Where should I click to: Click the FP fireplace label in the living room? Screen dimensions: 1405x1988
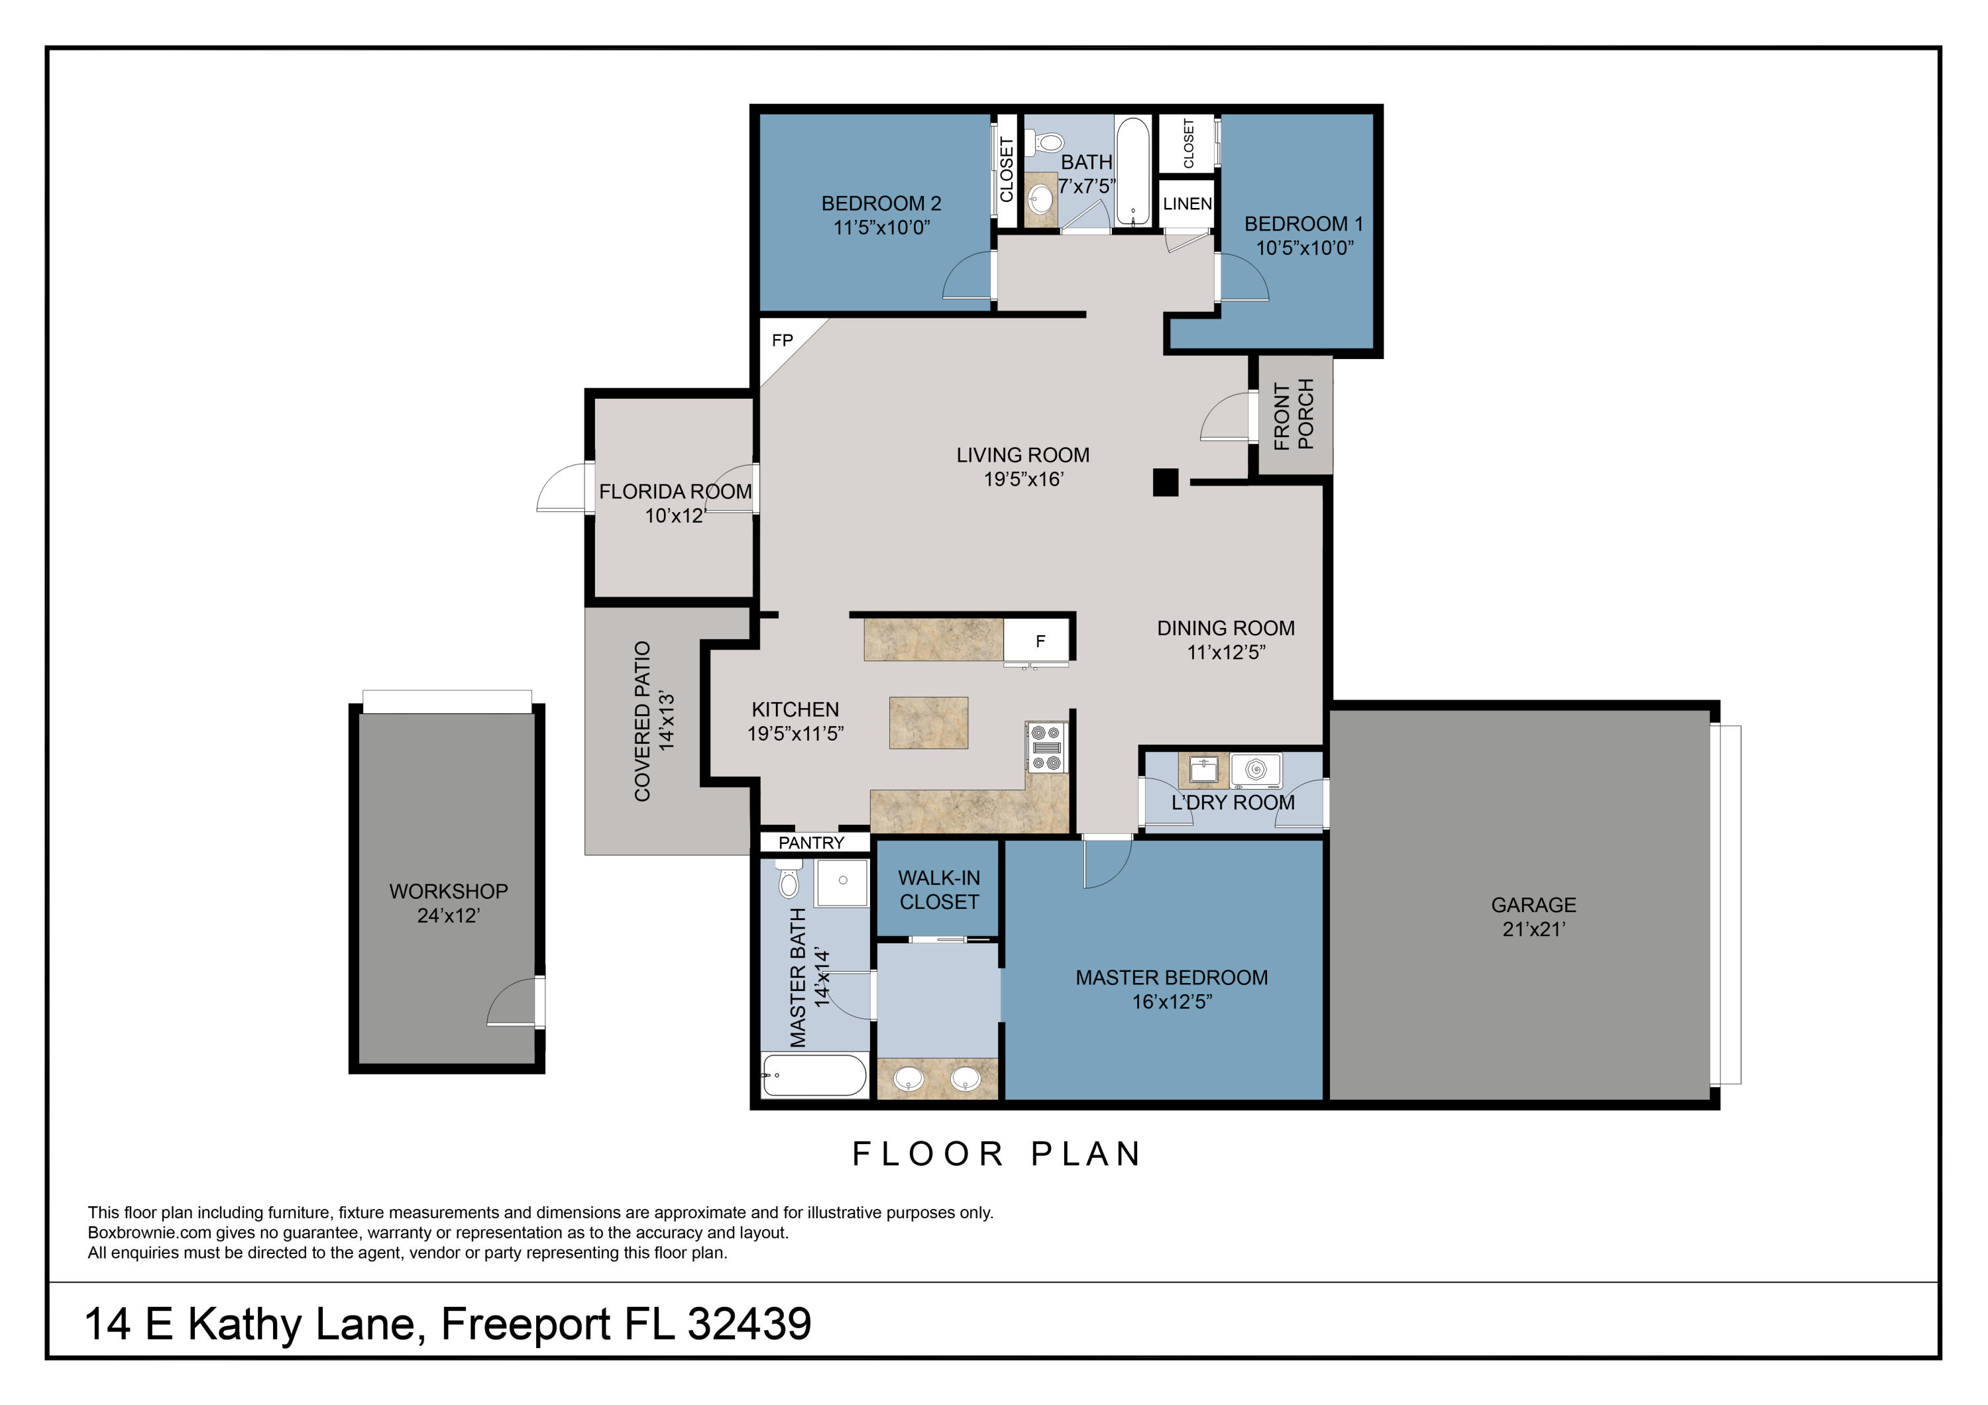(782, 340)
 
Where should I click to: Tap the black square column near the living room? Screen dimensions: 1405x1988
(1166, 482)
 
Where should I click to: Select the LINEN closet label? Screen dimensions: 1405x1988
(1186, 204)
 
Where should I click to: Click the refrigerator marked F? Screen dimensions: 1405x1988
(1039, 641)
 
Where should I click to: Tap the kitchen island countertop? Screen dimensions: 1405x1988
(928, 723)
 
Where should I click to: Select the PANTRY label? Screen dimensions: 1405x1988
(811, 843)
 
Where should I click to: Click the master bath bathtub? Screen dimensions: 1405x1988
(813, 1075)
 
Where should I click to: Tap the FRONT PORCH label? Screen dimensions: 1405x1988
(1294, 415)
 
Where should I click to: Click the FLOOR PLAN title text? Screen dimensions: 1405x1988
(997, 1154)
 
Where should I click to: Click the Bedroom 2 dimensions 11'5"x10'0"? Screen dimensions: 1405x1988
(881, 228)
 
